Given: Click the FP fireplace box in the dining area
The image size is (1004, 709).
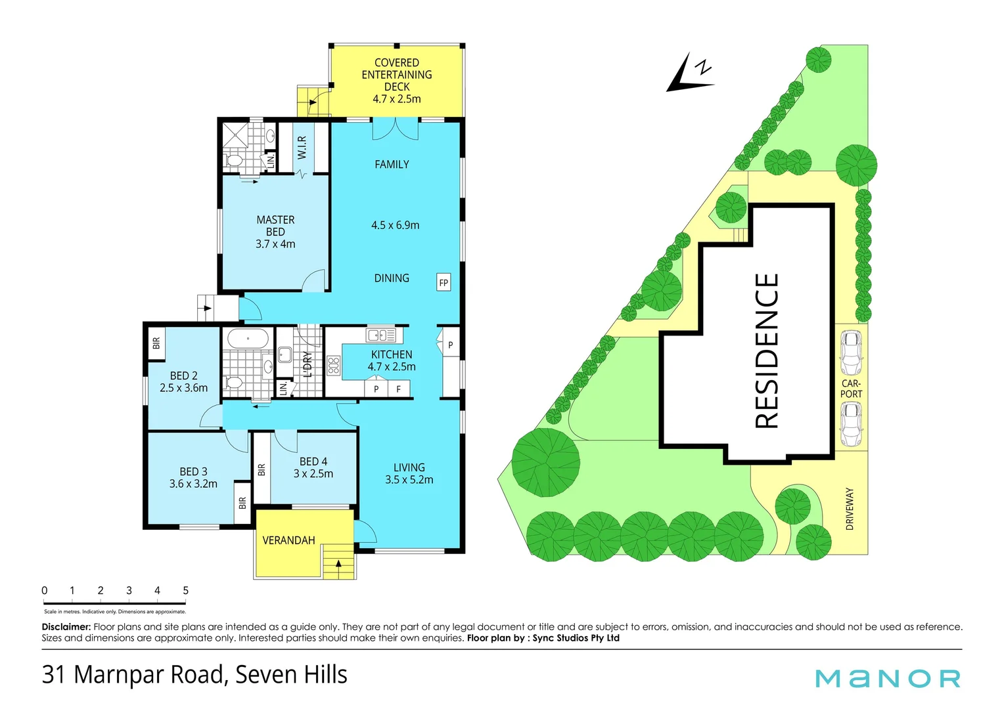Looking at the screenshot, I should pos(444,283).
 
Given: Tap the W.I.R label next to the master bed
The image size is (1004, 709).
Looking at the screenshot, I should pos(302,148).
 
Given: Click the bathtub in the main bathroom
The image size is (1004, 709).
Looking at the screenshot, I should pos(248,339).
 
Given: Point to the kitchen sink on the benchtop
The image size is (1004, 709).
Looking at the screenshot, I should pos(380,335).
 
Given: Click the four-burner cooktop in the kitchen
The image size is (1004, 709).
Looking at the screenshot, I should pos(333,366).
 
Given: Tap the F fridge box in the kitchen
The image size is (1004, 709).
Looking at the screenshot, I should pos(398,389).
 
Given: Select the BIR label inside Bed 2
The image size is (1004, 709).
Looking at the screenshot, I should pos(156,343).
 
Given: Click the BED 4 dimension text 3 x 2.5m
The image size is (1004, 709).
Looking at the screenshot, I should pos(313,474).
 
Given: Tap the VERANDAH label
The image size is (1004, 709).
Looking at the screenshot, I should pos(288,540).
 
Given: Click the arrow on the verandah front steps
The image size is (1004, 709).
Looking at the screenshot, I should pos(338,563).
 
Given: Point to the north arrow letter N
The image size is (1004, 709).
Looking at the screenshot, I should pos(703,66).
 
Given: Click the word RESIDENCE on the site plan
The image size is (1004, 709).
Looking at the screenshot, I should pos(766,351).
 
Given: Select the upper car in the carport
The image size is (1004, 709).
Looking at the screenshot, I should pos(851,352).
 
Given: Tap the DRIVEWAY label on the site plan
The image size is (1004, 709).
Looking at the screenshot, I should pos(850,509).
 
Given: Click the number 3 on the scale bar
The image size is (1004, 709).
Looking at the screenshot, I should pos(129,590).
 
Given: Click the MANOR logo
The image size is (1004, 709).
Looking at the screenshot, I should pos(888,678).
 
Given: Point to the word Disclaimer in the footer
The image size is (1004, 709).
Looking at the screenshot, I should pos(66,627).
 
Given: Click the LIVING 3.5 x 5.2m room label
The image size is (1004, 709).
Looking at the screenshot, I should pos(409,473).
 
